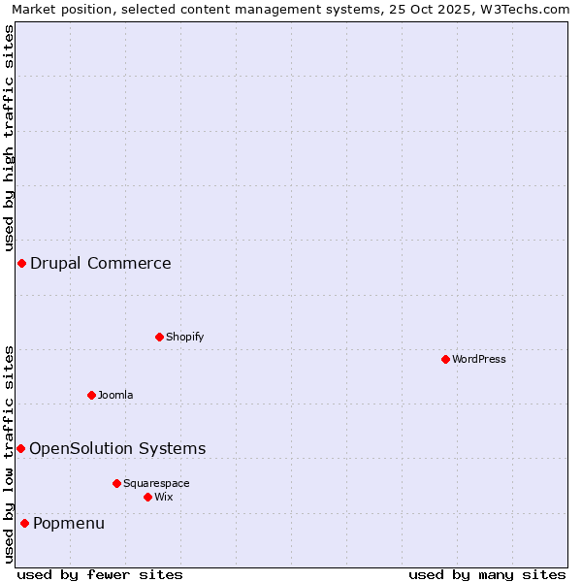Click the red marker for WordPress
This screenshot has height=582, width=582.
pyautogui.click(x=445, y=359)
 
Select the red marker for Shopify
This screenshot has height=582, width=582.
pyautogui.click(x=159, y=337)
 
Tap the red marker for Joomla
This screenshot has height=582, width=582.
pyautogui.click(x=91, y=395)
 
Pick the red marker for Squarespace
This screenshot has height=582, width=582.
pyautogui.click(x=116, y=483)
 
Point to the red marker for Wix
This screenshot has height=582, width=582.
pyautogui.click(x=147, y=497)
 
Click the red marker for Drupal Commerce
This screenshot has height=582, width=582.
pyautogui.click(x=21, y=263)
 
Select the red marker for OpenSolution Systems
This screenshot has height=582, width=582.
pyautogui.click(x=20, y=448)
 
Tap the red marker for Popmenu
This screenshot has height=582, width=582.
pyautogui.click(x=24, y=523)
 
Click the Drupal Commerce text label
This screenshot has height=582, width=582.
pyautogui.click(x=101, y=263)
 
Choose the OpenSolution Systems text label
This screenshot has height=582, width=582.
pyautogui.click(x=117, y=448)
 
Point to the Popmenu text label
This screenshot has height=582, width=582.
pyautogui.click(x=69, y=524)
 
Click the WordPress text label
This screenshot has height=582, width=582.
pyautogui.click(x=479, y=359)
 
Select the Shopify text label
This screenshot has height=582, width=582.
pyautogui.click(x=184, y=337)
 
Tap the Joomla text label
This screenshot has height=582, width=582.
pyautogui.click(x=115, y=395)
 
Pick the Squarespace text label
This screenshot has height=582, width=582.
pyautogui.click(x=156, y=483)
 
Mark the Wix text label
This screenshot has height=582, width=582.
pyautogui.click(x=164, y=497)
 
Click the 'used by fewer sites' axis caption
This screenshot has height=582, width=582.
pyautogui.click(x=100, y=574)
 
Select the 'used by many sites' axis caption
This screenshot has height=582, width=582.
pyautogui.click(x=487, y=574)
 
